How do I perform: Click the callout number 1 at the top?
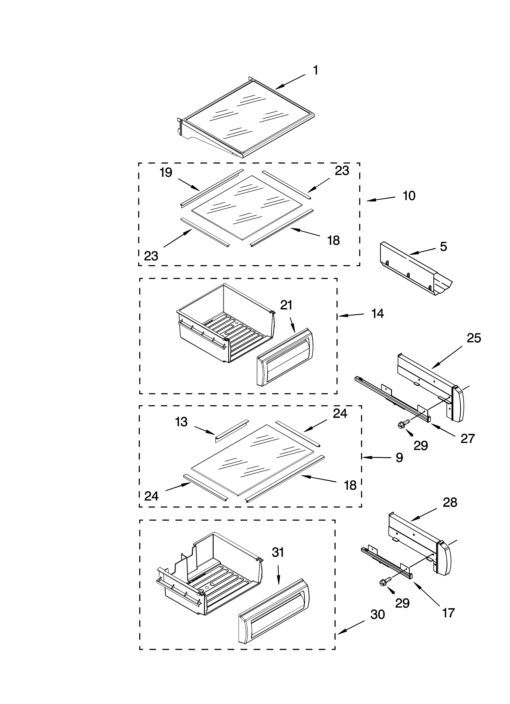tap(315, 71)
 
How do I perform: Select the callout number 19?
tap(166, 173)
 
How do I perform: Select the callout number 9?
tap(399, 458)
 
